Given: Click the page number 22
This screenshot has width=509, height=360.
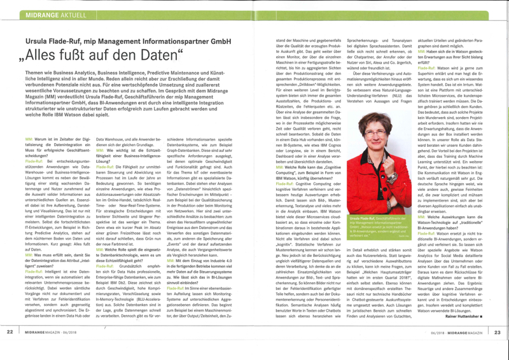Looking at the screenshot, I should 10,349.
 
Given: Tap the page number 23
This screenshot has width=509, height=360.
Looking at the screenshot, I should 498,349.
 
